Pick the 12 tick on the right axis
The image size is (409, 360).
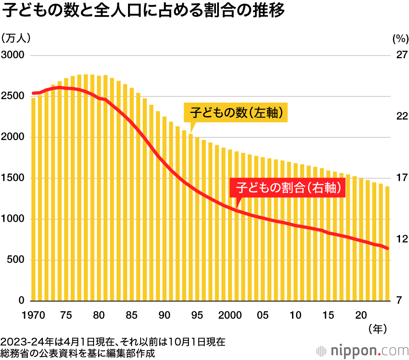pos(401,239)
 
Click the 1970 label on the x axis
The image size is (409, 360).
pos(33,315)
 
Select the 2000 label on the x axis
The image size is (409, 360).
pos(229,315)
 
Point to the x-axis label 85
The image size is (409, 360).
pos(131,315)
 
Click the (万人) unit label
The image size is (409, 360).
pos(16,39)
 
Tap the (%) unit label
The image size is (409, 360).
pos(400,39)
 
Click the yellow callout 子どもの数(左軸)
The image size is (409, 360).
pos(236,112)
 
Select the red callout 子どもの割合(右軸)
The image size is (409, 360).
pos(288,188)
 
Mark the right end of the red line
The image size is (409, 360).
pos(387,248)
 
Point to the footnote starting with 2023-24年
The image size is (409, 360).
pos(112,341)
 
